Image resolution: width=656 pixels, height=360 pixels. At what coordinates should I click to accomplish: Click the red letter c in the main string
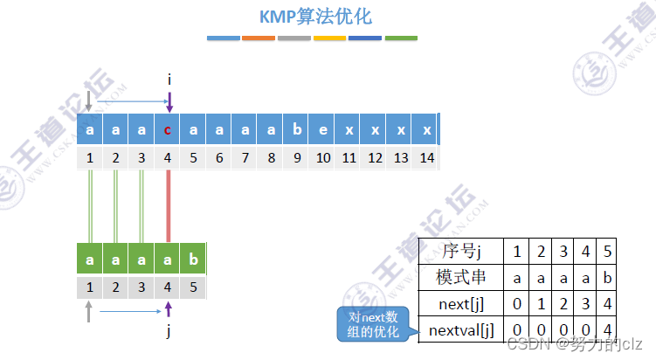[168, 129]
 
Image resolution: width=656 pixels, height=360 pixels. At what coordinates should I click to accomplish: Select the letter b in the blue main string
[298, 129]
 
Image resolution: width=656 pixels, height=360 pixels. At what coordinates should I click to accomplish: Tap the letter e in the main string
[323, 129]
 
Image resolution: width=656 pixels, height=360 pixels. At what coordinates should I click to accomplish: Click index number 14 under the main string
[427, 158]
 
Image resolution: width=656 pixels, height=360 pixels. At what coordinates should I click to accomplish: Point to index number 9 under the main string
[298, 158]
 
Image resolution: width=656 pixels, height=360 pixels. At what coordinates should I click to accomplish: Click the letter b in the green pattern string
[194, 260]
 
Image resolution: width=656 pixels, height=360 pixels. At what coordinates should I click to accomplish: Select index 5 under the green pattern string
[194, 286]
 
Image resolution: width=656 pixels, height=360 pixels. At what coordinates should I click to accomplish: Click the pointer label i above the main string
[169, 80]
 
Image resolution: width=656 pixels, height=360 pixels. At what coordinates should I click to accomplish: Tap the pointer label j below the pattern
[169, 332]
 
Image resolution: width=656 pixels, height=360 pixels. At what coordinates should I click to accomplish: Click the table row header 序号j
[463, 252]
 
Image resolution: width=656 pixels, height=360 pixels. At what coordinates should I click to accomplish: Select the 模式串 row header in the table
[462, 278]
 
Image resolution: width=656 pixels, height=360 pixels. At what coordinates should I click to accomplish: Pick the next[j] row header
[462, 304]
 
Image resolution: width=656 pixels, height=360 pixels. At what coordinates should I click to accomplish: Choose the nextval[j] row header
[462, 330]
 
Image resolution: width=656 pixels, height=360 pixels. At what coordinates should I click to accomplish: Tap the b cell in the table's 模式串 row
[608, 278]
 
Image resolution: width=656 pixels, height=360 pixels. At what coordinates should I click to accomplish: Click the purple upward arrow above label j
[169, 309]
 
